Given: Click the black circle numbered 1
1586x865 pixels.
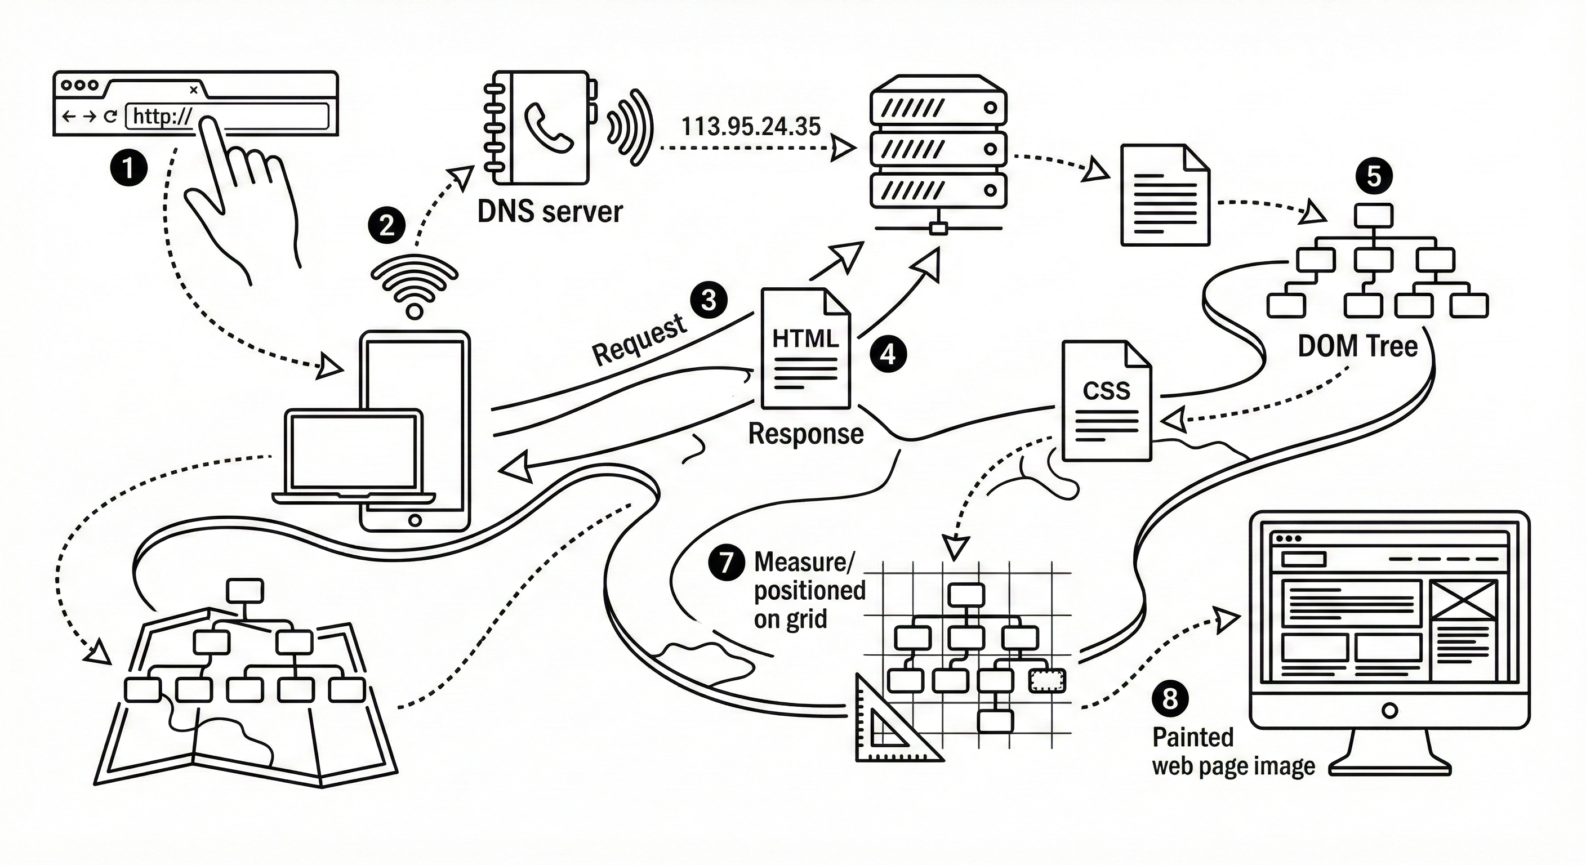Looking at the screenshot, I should coord(128,167).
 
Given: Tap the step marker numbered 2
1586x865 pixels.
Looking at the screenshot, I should coord(387,226).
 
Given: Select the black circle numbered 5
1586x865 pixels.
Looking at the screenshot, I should coord(1374,177).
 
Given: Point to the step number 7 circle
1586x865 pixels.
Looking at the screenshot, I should coord(727,562).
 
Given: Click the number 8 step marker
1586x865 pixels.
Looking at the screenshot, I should coord(1170,698).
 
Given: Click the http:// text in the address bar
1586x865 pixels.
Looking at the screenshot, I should coord(163,117).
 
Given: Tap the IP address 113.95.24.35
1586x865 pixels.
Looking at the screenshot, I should coord(751,126).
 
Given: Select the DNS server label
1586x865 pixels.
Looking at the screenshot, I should coord(550,212).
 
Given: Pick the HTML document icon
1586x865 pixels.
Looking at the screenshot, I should coord(805,349).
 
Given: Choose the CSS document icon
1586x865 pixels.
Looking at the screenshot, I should coord(1106,402).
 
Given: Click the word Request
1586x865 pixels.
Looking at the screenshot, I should coord(639,338).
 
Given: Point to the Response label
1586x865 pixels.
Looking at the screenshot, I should coord(805,434).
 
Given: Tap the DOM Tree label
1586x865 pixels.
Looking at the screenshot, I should coord(1357,346).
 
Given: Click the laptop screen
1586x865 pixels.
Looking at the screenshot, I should coord(353,451).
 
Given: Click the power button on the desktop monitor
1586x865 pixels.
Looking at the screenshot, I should coord(1389,711).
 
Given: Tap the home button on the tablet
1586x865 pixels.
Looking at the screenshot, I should coord(415,520).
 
